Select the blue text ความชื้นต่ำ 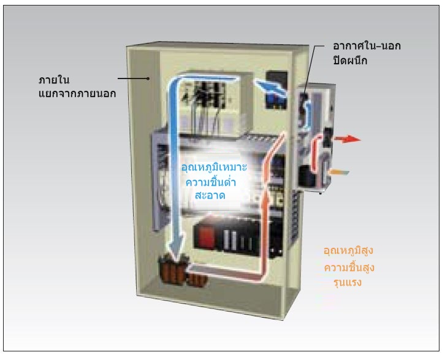point(212,182)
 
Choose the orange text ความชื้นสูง point(349,268)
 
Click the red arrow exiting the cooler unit point(351,139)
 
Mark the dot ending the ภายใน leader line point(149,78)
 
